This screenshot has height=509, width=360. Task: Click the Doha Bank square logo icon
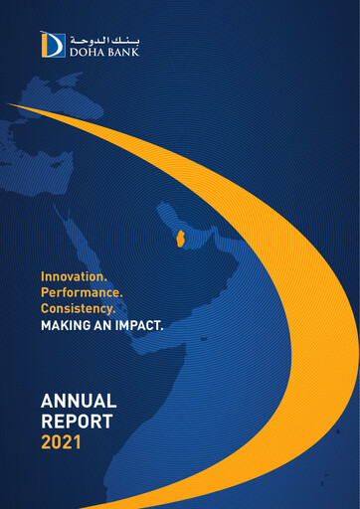(x=53, y=44)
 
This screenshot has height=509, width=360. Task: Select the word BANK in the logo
(x=124, y=51)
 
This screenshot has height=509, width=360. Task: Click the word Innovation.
(x=74, y=274)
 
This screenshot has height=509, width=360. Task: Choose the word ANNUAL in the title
(x=79, y=401)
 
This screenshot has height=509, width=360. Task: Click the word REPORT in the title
(x=77, y=421)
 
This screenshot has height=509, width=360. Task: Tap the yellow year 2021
(x=61, y=440)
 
